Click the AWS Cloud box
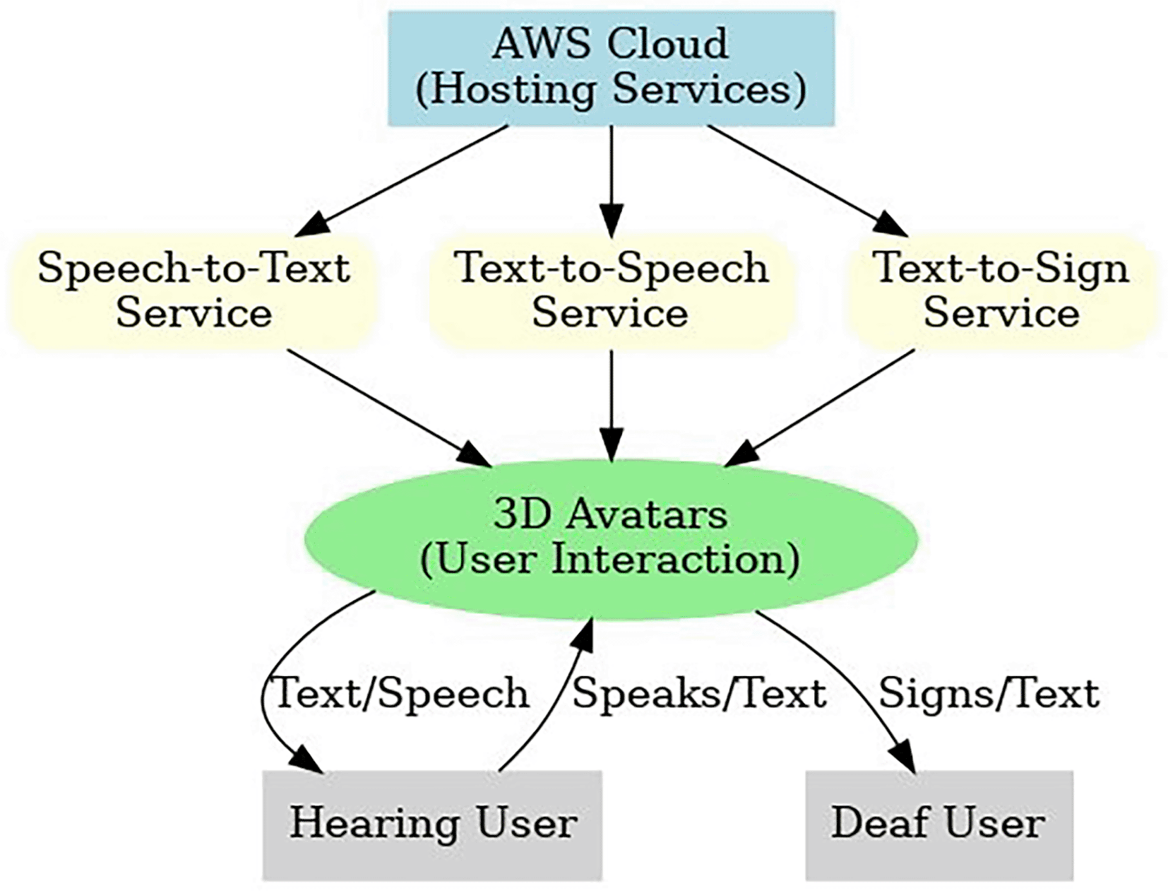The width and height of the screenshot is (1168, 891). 611,69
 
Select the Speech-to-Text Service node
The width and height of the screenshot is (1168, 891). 194,290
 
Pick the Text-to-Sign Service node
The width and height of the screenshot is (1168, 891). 1001,290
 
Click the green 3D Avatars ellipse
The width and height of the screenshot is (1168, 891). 611,538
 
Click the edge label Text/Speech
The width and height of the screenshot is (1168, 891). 400,694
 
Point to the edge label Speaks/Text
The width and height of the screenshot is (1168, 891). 699,694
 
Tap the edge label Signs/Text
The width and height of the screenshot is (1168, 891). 989,694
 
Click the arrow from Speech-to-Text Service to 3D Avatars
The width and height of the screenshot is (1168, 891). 390,408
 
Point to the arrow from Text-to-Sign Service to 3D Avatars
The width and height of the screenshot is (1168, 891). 819,408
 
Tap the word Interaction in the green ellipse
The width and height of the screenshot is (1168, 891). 676,561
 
